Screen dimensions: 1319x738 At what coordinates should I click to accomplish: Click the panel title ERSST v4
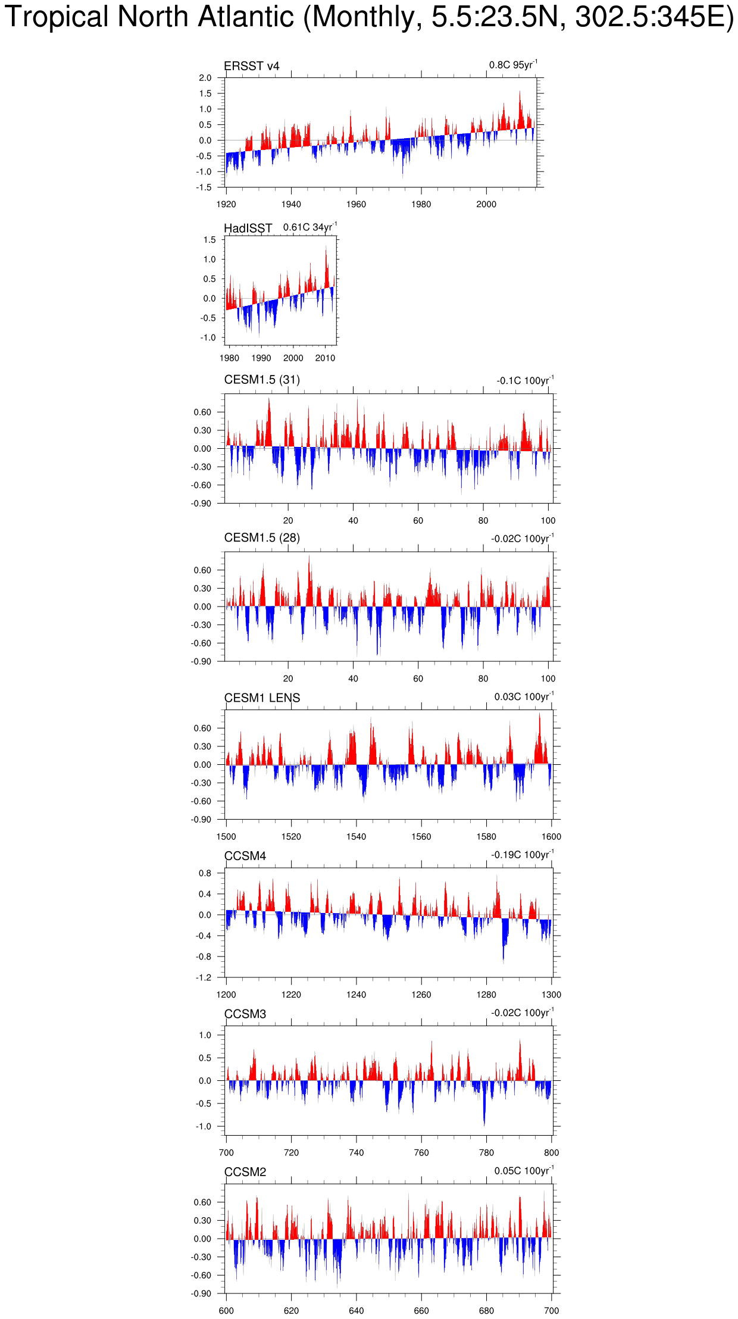(251, 66)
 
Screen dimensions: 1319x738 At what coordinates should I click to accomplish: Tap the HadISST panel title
(248, 228)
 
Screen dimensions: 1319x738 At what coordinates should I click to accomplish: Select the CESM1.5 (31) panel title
(262, 380)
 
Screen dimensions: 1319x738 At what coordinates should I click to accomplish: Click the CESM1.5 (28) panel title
(262, 537)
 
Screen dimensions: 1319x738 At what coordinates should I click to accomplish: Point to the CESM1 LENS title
(262, 698)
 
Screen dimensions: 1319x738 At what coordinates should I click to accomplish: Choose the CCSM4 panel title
(245, 856)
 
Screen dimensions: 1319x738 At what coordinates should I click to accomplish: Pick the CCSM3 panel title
(245, 1014)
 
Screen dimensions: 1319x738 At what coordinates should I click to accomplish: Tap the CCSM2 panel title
(245, 1171)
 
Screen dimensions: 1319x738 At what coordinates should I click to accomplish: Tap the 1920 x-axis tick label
(226, 204)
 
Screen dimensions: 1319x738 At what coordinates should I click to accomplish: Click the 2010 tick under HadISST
(325, 358)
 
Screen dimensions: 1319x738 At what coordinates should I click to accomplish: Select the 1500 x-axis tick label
(226, 836)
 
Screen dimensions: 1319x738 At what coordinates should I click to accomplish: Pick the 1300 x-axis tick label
(551, 995)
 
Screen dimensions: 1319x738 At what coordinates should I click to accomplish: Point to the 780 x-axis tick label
(486, 1152)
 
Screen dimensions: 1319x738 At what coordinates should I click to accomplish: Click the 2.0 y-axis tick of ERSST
(205, 78)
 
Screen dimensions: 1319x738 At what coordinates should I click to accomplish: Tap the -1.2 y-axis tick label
(204, 977)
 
